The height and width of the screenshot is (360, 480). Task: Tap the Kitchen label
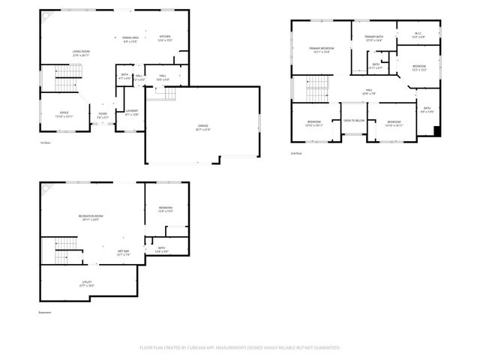[x=165, y=37]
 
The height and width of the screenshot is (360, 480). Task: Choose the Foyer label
[x=103, y=114]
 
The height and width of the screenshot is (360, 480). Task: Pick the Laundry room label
[x=132, y=112]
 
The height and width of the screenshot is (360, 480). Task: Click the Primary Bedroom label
[x=321, y=49]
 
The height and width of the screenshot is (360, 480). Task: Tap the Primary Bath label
[x=374, y=37]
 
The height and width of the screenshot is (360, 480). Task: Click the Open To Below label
[x=354, y=120]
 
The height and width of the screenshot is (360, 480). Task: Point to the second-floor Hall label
[x=370, y=91]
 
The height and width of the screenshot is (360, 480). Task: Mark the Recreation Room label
[x=91, y=217]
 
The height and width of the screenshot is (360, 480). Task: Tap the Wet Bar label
[x=123, y=252]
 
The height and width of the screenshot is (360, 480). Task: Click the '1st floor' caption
[x=46, y=142]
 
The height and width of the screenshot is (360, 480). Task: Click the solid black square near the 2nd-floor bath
[x=437, y=132]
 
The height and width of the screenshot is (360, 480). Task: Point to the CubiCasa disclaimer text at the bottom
[x=240, y=348]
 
